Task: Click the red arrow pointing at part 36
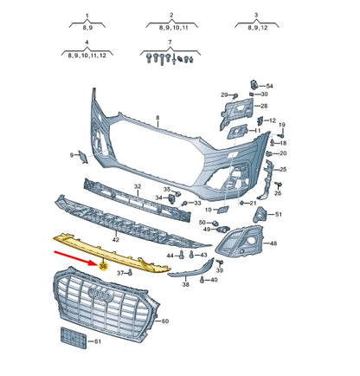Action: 74,255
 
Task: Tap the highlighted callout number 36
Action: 103,267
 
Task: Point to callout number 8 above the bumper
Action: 157,118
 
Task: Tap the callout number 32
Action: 138,187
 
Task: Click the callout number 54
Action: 268,86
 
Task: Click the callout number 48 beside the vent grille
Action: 273,243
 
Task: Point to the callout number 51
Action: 277,214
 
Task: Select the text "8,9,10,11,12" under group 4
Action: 87,55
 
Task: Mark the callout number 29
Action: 223,94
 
